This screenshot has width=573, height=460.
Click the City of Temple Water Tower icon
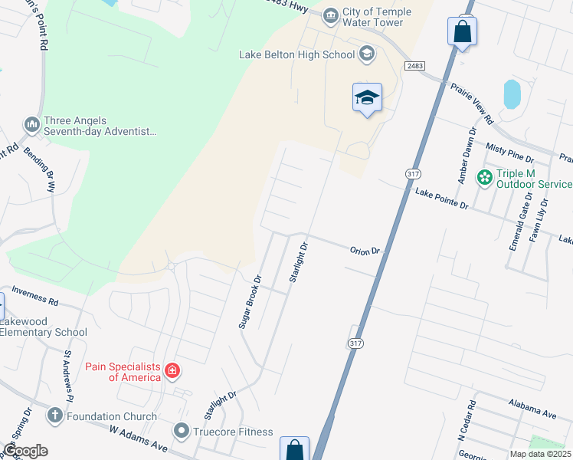coord(331,14)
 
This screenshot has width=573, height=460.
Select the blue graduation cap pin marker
coord(368,97)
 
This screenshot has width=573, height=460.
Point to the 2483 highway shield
coord(416,67)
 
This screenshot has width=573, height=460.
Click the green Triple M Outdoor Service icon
coord(484,177)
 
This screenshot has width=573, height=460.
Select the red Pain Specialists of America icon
coord(172,372)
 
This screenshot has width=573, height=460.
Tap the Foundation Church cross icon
coord(54,416)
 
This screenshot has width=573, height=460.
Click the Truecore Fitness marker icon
coord(182,431)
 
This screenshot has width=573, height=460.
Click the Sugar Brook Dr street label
coord(250,301)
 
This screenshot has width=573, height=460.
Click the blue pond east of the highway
coord(511,94)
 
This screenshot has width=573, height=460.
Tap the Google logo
coord(25,451)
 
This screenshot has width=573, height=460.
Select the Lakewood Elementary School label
coord(44,327)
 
